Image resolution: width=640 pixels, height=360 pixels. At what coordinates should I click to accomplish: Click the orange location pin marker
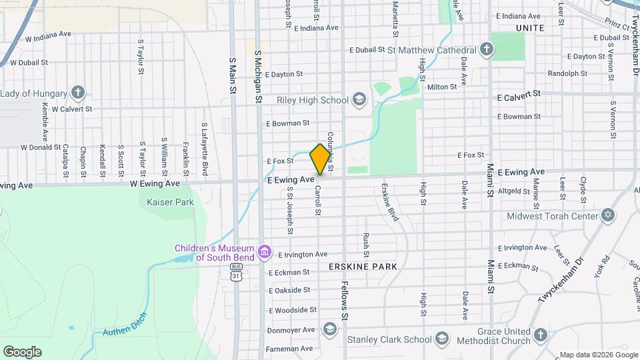pos(320,159)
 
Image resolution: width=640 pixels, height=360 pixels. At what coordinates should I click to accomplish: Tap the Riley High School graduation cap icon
pos(359,100)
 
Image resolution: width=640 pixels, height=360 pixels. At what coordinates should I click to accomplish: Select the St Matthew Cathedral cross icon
pos(487,49)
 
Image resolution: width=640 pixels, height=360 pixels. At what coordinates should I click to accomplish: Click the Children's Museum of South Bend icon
pos(265,251)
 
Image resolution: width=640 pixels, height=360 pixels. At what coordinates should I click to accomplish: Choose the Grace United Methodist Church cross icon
pos(541,335)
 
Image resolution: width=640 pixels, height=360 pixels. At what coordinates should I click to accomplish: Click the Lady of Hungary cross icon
pos(78,92)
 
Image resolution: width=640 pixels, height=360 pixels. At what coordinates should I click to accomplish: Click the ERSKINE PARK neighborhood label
pos(363,266)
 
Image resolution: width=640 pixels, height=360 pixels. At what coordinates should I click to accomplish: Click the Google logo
pos(22,351)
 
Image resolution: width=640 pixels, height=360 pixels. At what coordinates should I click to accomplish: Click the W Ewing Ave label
pos(155,183)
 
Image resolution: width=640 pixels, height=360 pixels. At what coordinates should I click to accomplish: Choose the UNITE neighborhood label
pos(530,28)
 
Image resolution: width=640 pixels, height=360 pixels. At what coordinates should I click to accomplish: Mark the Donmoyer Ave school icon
pos(329,329)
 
